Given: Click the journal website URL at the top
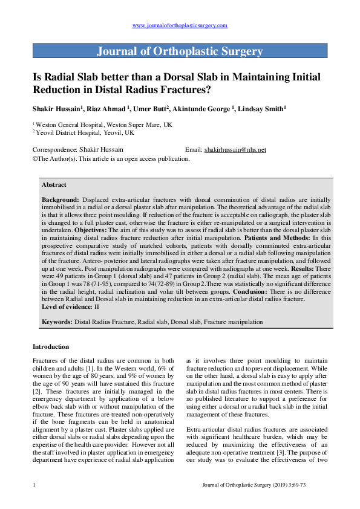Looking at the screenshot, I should pyautogui.click(x=180, y=25).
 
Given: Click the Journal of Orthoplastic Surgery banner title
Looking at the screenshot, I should pyautogui.click(x=180, y=51).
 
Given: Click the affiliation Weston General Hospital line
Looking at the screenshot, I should pyautogui.click(x=102, y=124).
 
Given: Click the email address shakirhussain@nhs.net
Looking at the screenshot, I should pyautogui.click(x=235, y=149).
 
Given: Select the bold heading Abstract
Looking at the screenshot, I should pyautogui.click(x=54, y=184).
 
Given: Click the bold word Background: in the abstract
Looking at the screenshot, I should pyautogui.click(x=61, y=199).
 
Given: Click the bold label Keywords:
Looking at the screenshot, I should pyautogui.click(x=57, y=322).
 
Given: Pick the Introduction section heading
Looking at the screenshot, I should pyautogui.click(x=51, y=346).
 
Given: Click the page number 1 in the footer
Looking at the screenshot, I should pyautogui.click(x=34, y=485).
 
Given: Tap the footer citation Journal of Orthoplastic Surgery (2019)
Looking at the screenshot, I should pyautogui.click(x=263, y=485).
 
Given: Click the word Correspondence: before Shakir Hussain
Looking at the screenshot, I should pyautogui.click(x=54, y=149).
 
